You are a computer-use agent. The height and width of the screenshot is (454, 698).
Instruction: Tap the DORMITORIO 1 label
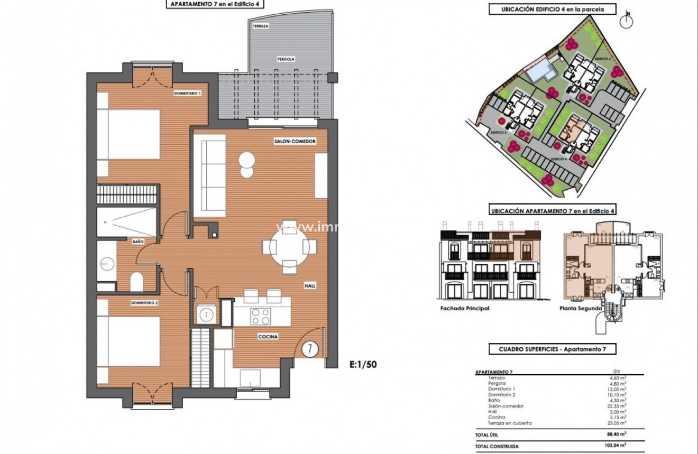187,94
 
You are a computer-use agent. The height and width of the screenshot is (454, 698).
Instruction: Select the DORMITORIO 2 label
144,303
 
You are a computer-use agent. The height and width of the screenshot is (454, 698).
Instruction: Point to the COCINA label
268,337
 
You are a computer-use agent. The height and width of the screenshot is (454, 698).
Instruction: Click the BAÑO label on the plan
138,242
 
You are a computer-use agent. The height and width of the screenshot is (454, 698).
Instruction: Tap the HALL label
310,285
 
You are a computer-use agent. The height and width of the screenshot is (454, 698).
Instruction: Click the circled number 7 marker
310,349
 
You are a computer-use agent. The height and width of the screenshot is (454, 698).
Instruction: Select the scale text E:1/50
363,364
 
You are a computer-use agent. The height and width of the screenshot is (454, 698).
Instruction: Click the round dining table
289,246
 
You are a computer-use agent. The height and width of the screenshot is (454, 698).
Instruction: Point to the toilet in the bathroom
137,281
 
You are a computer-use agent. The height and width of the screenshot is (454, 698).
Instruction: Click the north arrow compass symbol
628,20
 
